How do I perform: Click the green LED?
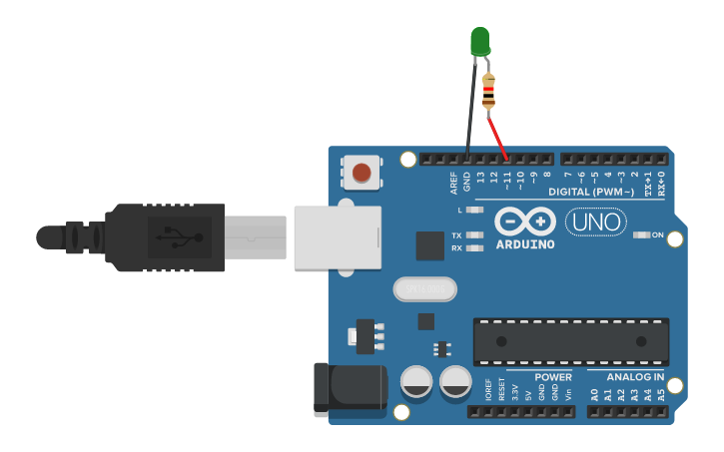pyautogui.click(x=480, y=41)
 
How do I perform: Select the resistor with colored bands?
pyautogui.click(x=488, y=93)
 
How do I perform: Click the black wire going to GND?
pyautogui.click(x=469, y=110)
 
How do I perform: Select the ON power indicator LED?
pyautogui.click(x=642, y=235)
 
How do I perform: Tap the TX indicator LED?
pyautogui.click(x=475, y=235)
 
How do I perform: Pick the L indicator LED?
pyautogui.click(x=475, y=211)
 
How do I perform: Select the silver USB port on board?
pyautogui.click(x=338, y=236)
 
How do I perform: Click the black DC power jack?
pyautogui.click(x=349, y=390)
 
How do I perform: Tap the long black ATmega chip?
pyautogui.click(x=570, y=342)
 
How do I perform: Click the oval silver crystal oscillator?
pyautogui.click(x=424, y=289)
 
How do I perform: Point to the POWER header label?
pyautogui.click(x=553, y=377)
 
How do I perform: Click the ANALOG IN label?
pyautogui.click(x=634, y=377)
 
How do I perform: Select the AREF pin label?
pyautogui.click(x=454, y=183)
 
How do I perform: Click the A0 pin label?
pyautogui.click(x=595, y=394)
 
